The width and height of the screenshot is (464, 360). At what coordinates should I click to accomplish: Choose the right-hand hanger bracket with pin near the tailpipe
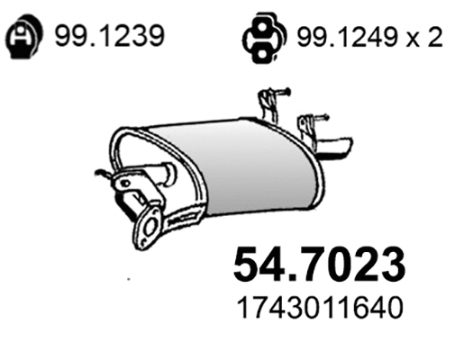(x=311, y=126)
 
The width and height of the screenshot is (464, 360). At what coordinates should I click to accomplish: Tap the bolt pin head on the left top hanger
(x=287, y=90)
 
